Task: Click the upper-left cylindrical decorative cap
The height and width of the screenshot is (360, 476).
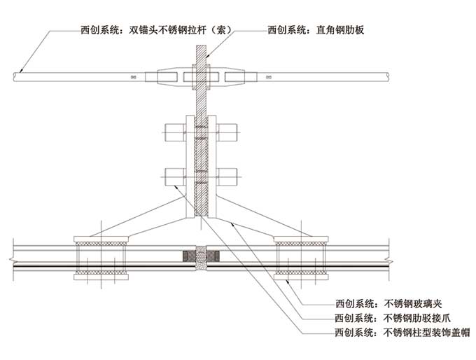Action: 174,130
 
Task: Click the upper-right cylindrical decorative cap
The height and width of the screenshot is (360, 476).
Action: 228,130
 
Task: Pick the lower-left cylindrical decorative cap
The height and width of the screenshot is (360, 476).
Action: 174,176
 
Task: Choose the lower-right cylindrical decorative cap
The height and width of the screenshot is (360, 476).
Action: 228,176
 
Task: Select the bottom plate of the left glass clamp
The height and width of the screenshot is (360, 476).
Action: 99,277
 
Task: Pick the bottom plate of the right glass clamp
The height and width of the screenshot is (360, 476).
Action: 302,277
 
